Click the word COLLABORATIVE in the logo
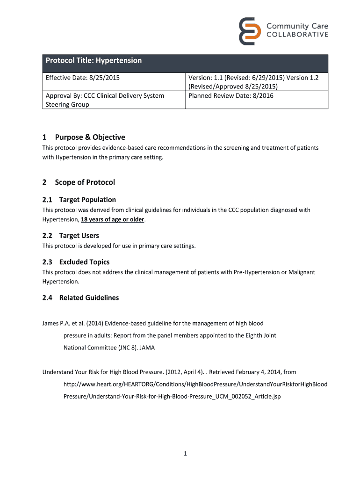click(x=297, y=35)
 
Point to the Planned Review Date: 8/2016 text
click(x=230, y=95)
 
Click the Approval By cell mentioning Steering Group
click(x=104, y=100)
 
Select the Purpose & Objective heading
click(x=90, y=137)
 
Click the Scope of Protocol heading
click(x=85, y=182)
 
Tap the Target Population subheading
click(x=87, y=200)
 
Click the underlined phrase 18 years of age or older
click(x=113, y=219)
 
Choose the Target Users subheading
click(x=79, y=235)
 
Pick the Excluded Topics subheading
click(x=84, y=262)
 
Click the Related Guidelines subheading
click(x=89, y=298)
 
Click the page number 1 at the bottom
click(x=185, y=453)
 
